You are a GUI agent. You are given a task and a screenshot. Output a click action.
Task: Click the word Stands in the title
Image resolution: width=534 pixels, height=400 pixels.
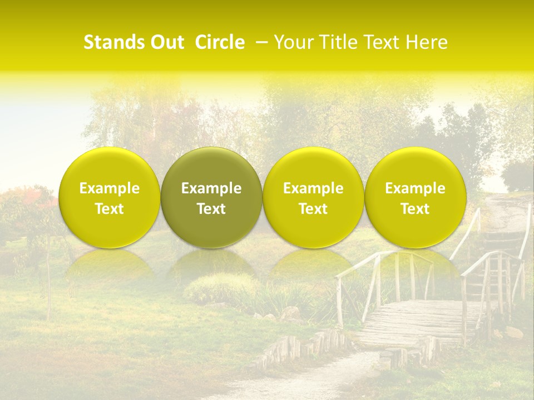pyautogui.click(x=113, y=42)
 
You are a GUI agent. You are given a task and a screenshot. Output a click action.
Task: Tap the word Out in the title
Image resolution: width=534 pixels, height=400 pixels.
pyautogui.click(x=166, y=42)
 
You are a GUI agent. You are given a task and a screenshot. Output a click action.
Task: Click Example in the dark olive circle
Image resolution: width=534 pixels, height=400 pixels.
pyautogui.click(x=211, y=188)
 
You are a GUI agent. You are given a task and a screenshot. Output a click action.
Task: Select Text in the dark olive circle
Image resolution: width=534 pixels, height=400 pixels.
pyautogui.click(x=211, y=209)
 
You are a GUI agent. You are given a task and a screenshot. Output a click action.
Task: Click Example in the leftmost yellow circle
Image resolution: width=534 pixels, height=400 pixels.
pyautogui.click(x=110, y=188)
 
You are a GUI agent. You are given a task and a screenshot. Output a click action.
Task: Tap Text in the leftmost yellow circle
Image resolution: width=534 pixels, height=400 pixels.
pyautogui.click(x=110, y=209)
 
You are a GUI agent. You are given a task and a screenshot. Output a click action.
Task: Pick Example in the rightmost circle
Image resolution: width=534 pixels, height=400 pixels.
pyautogui.click(x=415, y=188)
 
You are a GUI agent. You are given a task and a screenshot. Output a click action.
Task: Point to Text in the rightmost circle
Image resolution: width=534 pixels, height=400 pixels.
pyautogui.click(x=415, y=209)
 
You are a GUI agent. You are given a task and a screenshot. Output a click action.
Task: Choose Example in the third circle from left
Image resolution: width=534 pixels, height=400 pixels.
pyautogui.click(x=313, y=188)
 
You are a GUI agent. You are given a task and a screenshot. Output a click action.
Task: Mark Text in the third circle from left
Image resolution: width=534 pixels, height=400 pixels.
pyautogui.click(x=313, y=209)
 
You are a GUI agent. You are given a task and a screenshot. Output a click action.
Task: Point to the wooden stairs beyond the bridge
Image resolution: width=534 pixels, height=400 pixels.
pyautogui.click(x=501, y=244)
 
